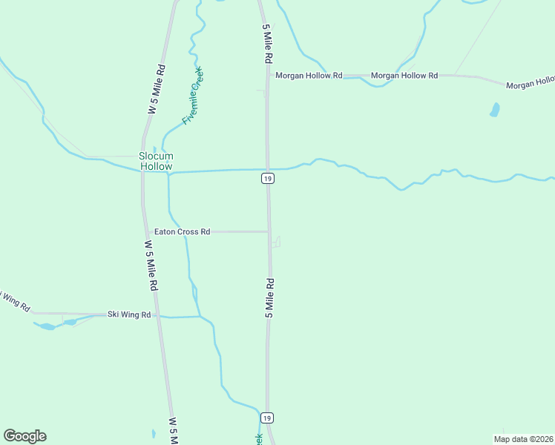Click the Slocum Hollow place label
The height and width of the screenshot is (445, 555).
156,161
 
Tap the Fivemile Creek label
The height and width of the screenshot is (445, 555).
192,96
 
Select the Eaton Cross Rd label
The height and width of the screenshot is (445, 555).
182,231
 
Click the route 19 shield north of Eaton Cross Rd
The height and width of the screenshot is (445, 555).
268,178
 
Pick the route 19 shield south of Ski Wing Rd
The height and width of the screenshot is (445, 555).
268,418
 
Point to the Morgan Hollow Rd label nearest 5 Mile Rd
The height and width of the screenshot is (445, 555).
308,76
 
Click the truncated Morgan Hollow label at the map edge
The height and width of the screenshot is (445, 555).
530,84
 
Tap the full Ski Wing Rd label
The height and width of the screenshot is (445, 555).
129,314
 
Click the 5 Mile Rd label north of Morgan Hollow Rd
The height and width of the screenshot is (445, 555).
266,45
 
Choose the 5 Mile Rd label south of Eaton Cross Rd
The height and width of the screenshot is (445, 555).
270,298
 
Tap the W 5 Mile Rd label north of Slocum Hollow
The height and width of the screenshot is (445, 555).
156,89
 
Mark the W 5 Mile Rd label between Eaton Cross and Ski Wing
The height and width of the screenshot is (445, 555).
151,265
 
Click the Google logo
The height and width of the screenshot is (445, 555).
24,436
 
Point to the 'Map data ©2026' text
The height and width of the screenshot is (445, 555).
523,438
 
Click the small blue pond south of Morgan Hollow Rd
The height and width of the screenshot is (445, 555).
494,110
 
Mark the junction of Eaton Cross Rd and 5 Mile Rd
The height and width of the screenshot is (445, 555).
269,231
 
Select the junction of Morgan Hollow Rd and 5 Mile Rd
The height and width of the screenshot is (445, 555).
268,76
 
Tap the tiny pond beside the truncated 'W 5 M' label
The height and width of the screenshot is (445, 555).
154,433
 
